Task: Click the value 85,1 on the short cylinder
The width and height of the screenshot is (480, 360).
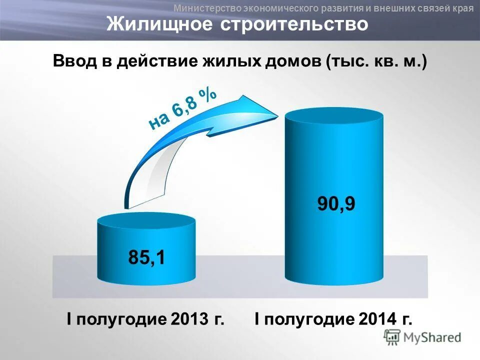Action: (146, 257)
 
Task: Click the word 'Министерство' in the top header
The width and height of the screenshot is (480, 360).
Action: (207, 7)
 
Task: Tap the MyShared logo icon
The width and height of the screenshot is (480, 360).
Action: (392, 337)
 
